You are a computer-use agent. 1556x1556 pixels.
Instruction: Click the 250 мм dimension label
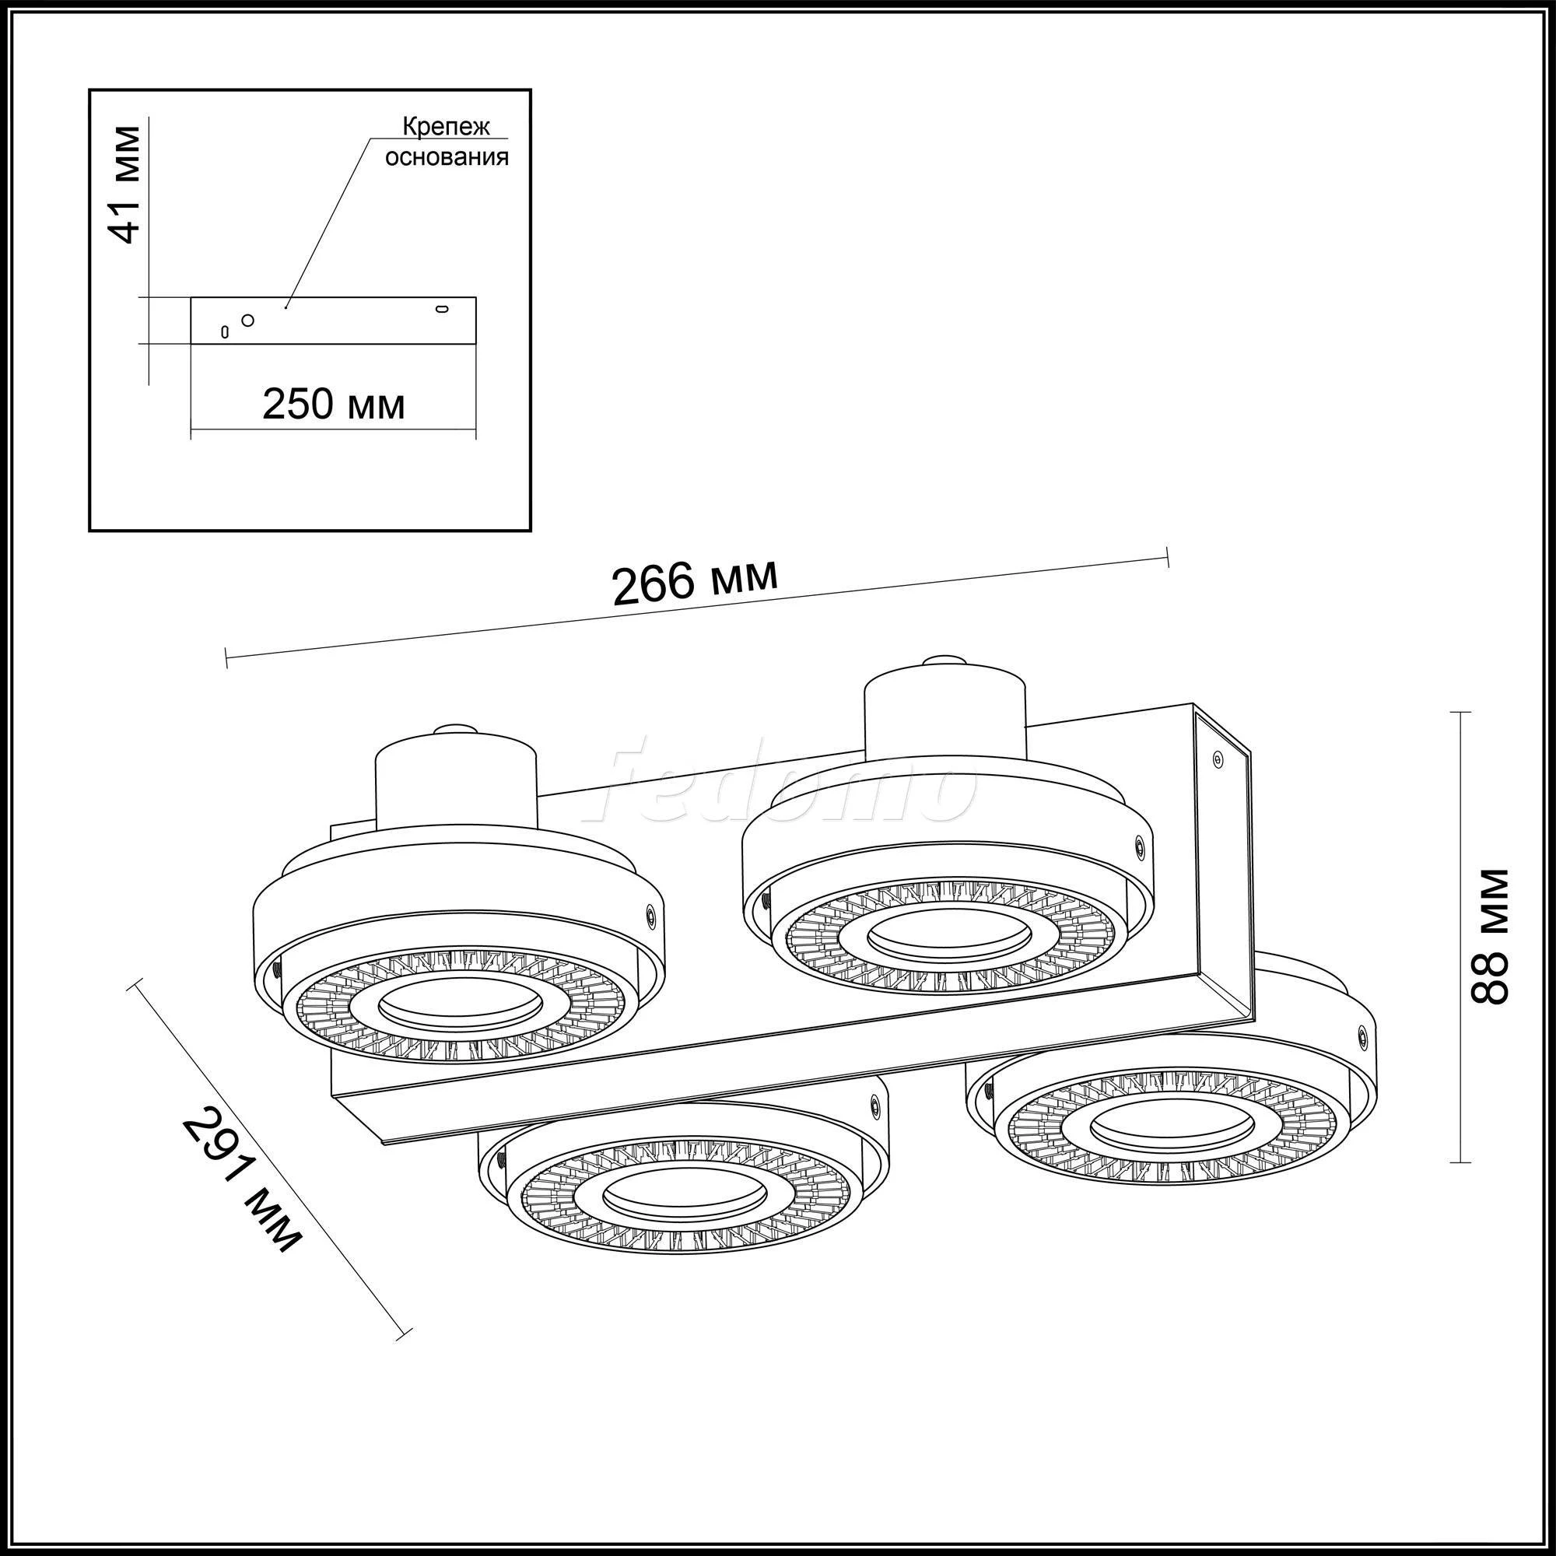(x=333, y=404)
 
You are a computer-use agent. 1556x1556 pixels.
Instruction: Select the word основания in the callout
(x=446, y=156)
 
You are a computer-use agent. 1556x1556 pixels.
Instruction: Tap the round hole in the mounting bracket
(x=248, y=320)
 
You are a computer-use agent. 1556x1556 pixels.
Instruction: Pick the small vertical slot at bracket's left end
(x=226, y=331)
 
